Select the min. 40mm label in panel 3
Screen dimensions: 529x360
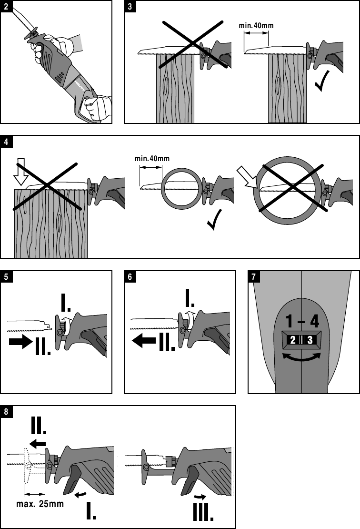(257, 25)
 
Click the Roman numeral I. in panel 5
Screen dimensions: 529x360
(66, 302)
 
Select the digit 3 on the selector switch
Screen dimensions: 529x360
(310, 340)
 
